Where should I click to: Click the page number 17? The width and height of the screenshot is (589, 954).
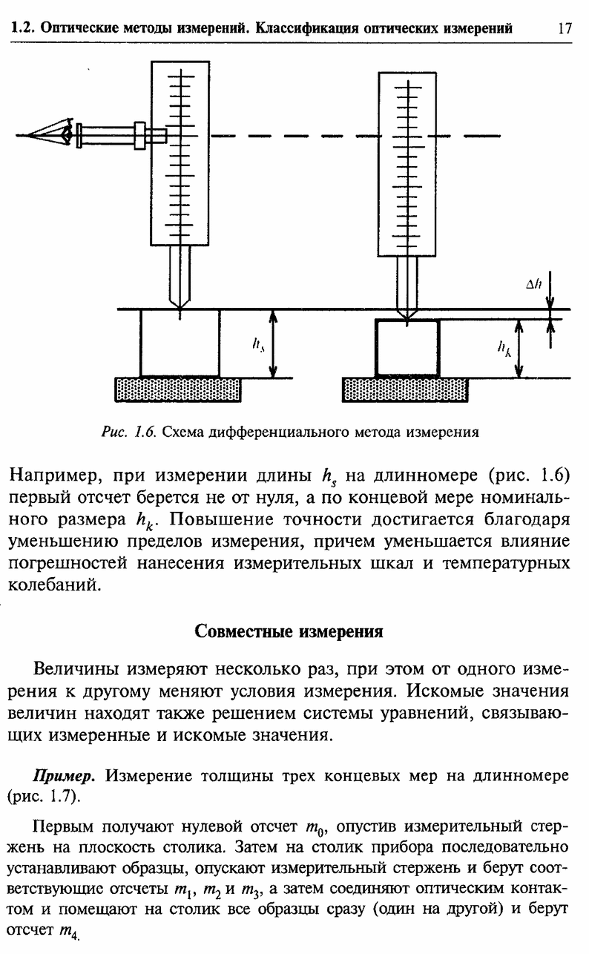click(564, 28)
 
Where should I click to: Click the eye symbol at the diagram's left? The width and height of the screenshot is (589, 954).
click(67, 133)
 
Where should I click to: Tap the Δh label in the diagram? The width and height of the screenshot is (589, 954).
click(533, 283)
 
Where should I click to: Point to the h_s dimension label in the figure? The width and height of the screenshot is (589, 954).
click(257, 343)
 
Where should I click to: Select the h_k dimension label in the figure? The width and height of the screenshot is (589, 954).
click(504, 349)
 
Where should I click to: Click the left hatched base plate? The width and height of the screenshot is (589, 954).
click(177, 389)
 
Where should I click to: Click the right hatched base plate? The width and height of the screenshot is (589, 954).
click(405, 389)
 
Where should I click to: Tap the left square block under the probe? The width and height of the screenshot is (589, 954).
click(180, 343)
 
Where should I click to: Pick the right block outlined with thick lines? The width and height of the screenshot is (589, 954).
click(407, 347)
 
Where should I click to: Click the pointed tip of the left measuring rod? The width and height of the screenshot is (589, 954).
click(180, 308)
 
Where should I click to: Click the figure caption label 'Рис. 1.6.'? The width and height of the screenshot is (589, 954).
click(128, 432)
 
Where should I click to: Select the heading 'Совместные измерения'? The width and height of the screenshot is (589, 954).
click(289, 631)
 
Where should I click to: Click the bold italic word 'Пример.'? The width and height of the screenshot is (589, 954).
click(64, 776)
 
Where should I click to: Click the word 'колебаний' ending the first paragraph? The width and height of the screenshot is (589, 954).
click(55, 585)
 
